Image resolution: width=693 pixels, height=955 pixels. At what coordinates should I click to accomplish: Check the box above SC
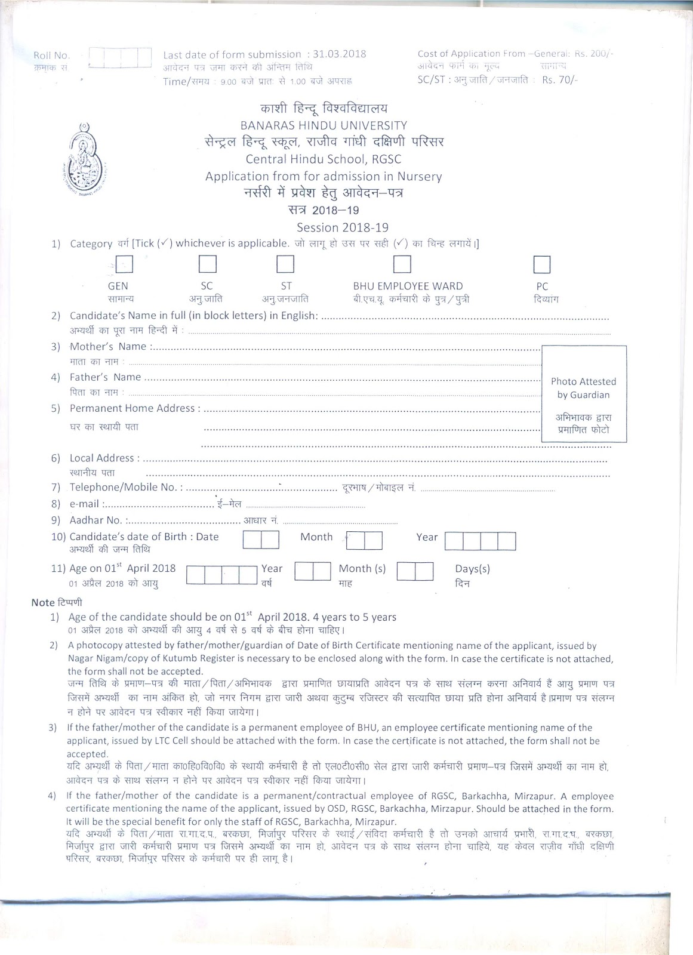point(207,264)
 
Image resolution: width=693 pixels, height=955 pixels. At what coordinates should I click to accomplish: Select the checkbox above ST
point(285,264)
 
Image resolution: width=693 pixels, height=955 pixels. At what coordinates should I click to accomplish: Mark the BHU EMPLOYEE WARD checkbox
point(402,264)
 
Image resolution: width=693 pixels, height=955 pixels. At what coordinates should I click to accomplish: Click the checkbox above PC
point(541,264)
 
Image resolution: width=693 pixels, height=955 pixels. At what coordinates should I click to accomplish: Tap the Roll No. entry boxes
point(120,58)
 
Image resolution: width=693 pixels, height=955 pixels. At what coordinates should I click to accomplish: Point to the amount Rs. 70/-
point(559,80)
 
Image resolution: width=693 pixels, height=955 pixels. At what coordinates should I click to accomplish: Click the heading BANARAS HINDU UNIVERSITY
point(324,125)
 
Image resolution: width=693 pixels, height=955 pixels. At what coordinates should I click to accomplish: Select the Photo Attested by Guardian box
point(583,394)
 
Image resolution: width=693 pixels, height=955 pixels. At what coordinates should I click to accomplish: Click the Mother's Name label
point(109,346)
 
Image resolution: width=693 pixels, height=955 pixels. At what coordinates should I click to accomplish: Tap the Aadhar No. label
point(96,520)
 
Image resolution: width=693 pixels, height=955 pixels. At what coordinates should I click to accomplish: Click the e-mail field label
point(84,504)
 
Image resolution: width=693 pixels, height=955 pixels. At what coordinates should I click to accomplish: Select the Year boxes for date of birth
point(480,541)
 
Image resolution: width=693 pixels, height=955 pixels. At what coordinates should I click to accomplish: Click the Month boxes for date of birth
point(364,541)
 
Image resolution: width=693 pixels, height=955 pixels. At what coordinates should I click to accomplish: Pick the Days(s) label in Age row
point(472,569)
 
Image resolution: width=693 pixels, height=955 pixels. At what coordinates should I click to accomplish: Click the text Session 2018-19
point(343,227)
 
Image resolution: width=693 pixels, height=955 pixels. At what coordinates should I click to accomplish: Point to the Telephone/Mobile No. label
point(123,487)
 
